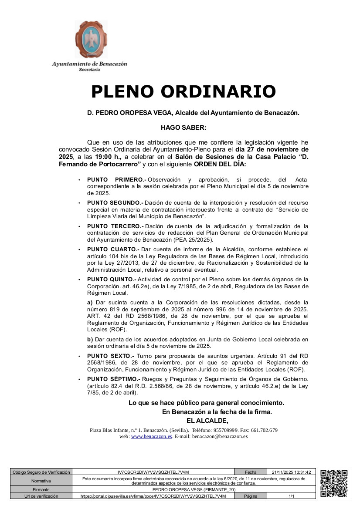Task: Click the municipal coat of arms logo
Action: (90, 40)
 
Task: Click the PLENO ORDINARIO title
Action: (183, 91)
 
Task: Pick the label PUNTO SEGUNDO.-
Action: (115, 203)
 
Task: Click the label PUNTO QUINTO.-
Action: (112, 279)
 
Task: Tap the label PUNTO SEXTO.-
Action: (110, 356)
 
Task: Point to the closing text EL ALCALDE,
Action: (207, 420)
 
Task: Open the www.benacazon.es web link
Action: (151, 436)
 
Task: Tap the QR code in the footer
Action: (333, 483)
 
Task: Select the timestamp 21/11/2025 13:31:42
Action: (291, 472)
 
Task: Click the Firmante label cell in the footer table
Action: (41, 489)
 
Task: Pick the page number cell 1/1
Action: (291, 496)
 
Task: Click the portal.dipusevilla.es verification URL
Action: (153, 496)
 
